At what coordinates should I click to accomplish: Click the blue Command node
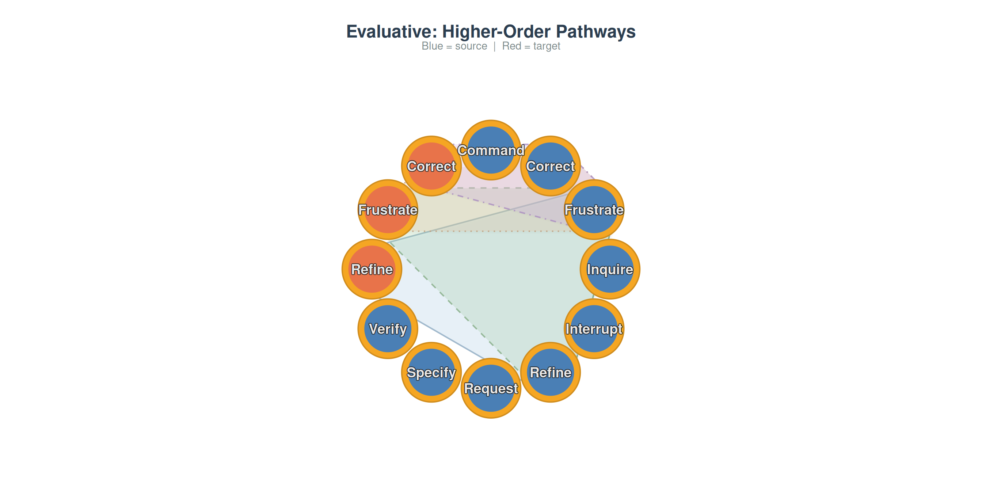pos(491,150)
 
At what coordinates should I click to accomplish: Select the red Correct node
pos(431,166)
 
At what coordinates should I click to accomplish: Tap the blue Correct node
pos(551,166)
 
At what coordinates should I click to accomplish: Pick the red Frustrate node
pos(388,210)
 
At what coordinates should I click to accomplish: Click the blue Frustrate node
pos(594,210)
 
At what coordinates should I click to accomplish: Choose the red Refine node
pos(372,269)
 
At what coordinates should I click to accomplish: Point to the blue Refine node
pos(551,372)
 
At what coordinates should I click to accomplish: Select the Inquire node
pos(610,269)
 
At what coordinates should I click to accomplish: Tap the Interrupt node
pos(594,328)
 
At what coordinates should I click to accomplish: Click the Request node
pos(491,388)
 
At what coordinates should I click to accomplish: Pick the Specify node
pos(431,372)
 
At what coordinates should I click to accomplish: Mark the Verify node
pos(388,328)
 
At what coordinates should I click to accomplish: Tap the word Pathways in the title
pos(596,32)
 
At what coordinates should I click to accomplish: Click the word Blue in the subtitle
pos(432,46)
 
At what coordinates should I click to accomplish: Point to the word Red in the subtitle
pos(511,46)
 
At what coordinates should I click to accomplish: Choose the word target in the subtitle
pos(547,46)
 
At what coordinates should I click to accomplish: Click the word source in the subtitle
pos(471,46)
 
